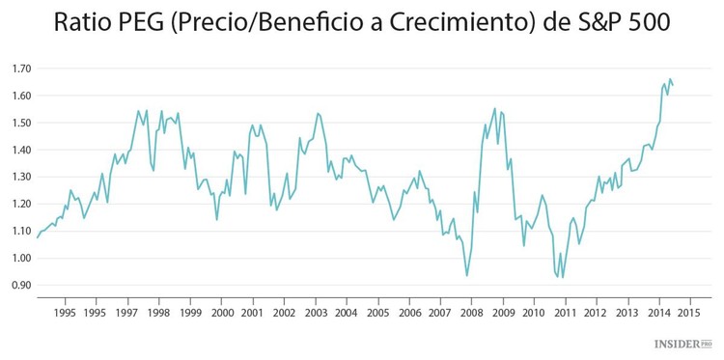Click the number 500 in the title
(x=656, y=23)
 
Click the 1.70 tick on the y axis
(x=21, y=69)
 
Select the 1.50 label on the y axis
(x=21, y=124)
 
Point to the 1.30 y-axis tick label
(x=21, y=178)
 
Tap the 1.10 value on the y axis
(x=21, y=232)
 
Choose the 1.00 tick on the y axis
(x=21, y=259)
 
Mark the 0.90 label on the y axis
(x=21, y=286)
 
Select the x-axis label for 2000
(x=222, y=314)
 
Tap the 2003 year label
(x=316, y=314)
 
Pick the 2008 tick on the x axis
(x=471, y=314)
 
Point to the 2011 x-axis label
(x=565, y=314)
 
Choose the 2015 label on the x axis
(x=689, y=314)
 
